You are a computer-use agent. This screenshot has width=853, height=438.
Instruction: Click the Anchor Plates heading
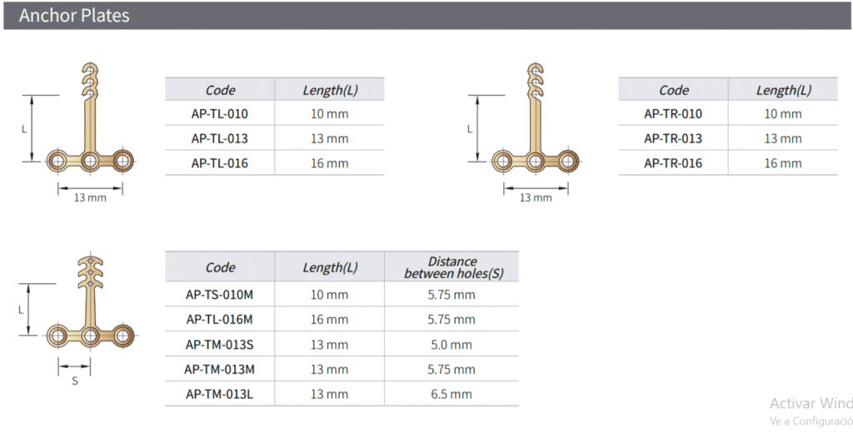click(x=74, y=15)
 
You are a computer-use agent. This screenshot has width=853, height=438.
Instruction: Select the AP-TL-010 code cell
click(x=220, y=114)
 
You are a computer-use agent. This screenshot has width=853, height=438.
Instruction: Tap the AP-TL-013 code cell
click(x=220, y=138)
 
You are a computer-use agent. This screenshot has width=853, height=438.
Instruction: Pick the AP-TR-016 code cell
click(x=673, y=162)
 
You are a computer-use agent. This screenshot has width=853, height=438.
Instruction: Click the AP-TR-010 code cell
click(x=673, y=114)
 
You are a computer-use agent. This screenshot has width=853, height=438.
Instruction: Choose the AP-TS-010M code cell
click(x=220, y=294)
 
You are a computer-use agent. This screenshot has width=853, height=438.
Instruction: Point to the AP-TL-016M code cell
click(x=220, y=320)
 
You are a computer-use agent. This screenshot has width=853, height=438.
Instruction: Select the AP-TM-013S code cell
click(x=220, y=345)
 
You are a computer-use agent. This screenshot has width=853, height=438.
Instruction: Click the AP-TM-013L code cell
click(x=220, y=394)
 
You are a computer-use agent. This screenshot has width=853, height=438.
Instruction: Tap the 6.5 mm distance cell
click(x=451, y=394)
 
